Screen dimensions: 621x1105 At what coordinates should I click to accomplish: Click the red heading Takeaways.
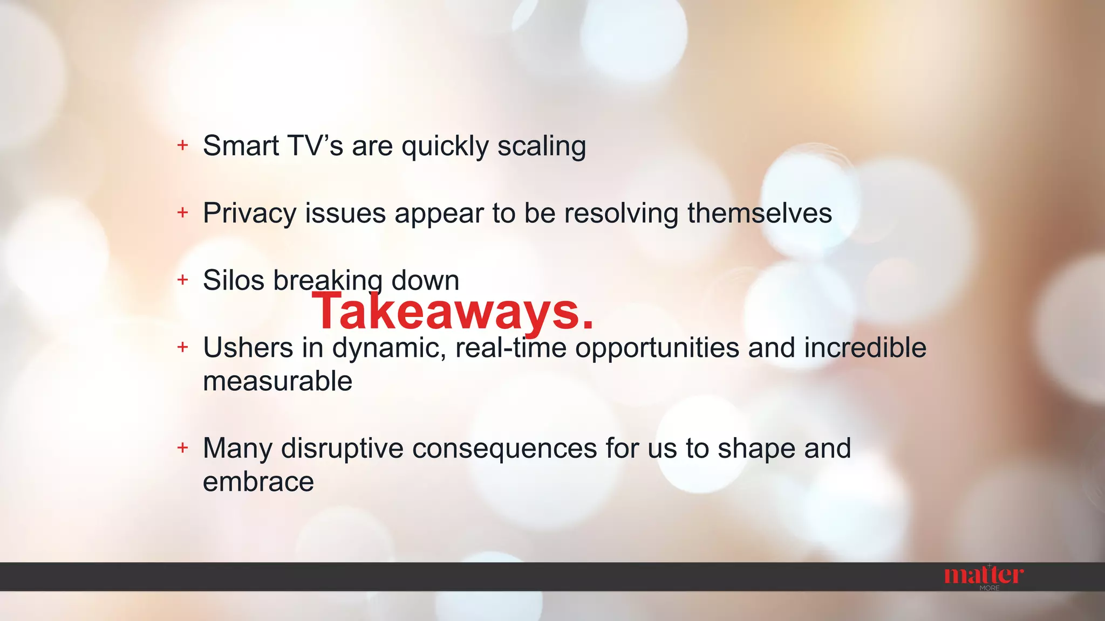tap(452, 312)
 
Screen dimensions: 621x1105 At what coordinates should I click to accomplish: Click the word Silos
tap(234, 280)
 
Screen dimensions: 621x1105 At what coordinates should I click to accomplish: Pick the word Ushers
tap(248, 348)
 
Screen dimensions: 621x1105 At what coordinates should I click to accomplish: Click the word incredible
tap(865, 348)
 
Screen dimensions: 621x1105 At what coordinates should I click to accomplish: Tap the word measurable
tap(277, 381)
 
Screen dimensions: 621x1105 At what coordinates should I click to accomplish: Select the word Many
tap(237, 448)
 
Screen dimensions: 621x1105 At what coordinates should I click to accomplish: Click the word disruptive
tap(342, 448)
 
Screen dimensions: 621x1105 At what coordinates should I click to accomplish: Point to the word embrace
tap(258, 481)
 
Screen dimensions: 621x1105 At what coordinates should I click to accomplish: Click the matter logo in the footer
tap(983, 575)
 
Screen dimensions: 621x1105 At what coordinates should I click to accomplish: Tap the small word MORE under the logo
tap(990, 588)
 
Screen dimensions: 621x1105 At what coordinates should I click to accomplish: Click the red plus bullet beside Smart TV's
tap(183, 145)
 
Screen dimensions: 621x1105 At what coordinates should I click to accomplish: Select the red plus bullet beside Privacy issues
tap(183, 212)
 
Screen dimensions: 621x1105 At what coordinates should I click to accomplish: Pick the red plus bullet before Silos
tap(183, 279)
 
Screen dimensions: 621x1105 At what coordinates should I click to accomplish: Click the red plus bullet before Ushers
tap(183, 347)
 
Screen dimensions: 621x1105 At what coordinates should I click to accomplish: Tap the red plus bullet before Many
tap(183, 447)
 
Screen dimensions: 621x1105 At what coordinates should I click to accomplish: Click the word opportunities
tap(657, 348)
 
